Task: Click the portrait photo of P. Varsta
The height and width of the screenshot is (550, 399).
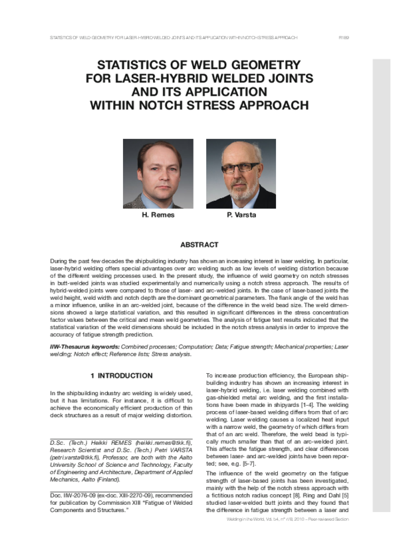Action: click(241, 174)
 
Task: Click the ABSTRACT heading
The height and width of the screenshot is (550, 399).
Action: click(199, 245)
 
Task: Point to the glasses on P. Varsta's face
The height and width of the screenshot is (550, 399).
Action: click(240, 167)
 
